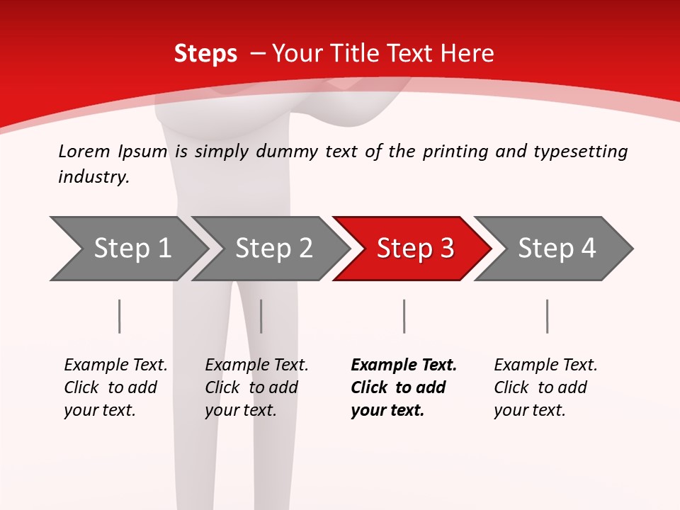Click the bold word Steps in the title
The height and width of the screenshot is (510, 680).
[x=205, y=54]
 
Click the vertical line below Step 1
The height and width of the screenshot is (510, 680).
[x=119, y=316]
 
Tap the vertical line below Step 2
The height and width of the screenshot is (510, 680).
[x=261, y=316]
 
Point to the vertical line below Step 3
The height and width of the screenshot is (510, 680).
[x=404, y=316]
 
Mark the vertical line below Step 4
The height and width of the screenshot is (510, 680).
[x=547, y=316]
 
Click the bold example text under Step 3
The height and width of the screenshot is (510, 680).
[x=403, y=387]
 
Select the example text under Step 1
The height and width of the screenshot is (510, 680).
[x=115, y=387]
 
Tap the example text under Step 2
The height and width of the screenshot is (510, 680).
[x=256, y=387]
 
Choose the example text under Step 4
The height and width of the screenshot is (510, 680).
[x=545, y=387]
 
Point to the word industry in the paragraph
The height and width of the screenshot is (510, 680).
[x=93, y=177]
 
